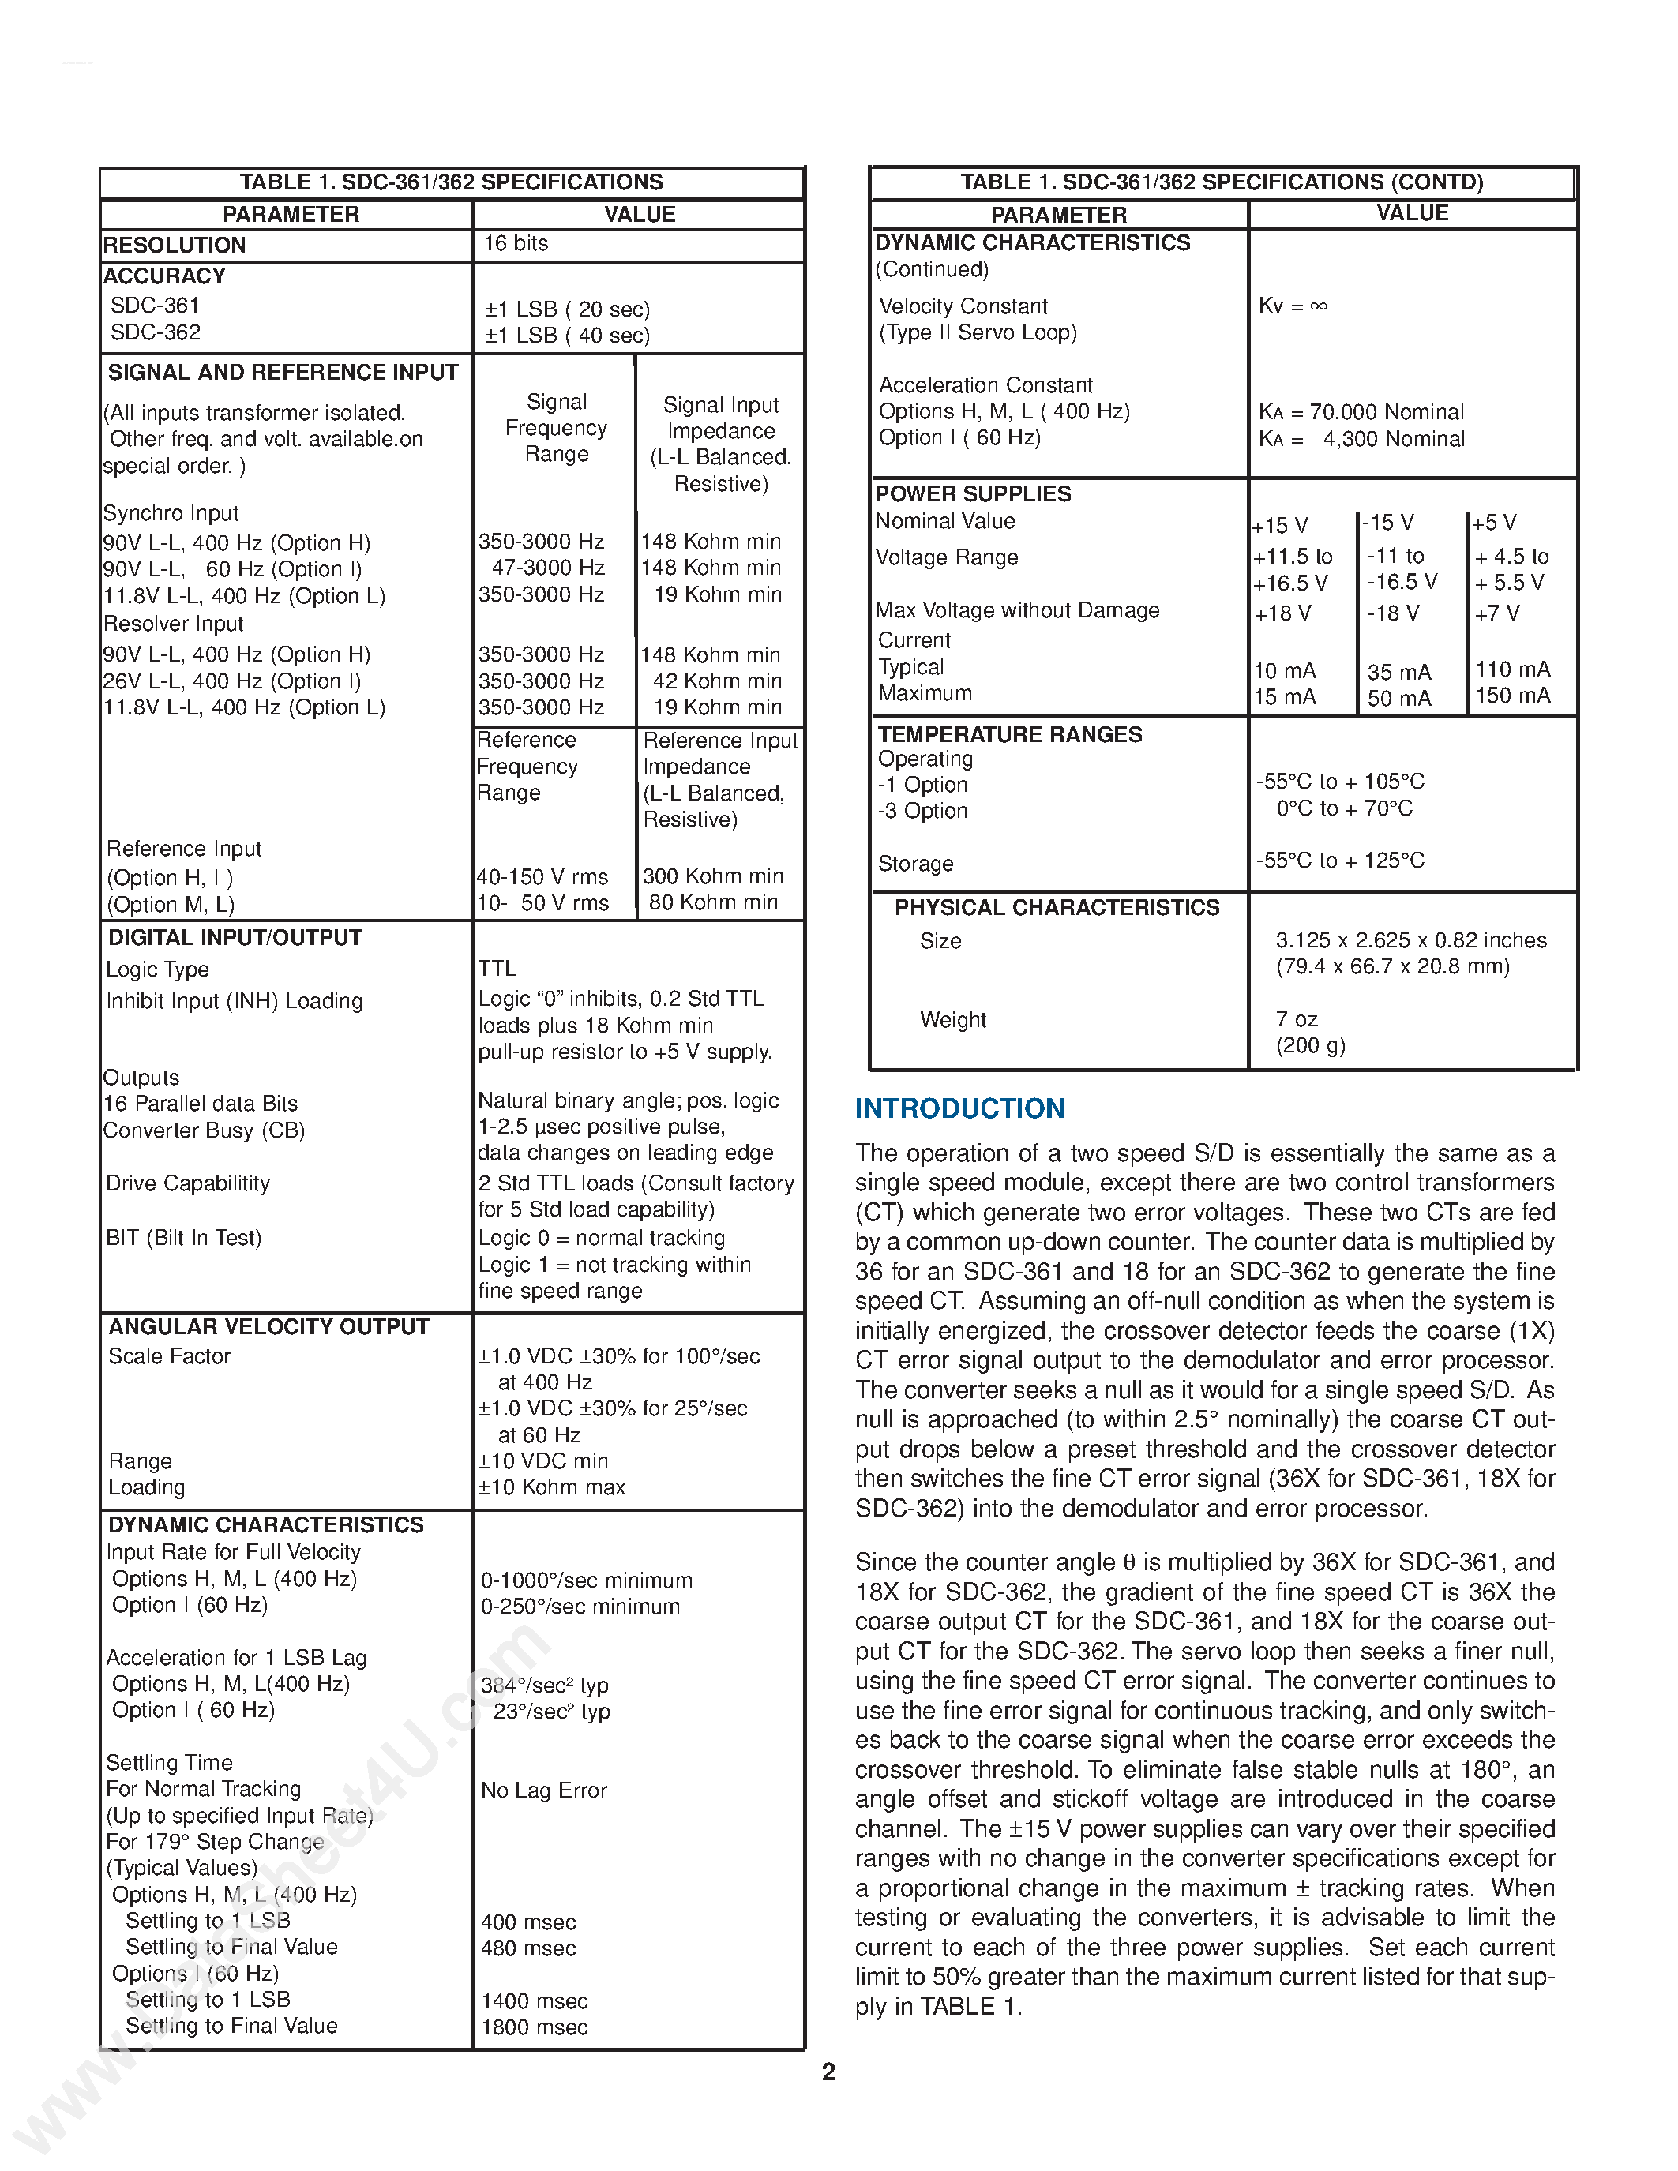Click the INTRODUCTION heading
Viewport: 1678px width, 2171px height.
pyautogui.click(x=959, y=1108)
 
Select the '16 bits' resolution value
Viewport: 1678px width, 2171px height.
pyautogui.click(x=516, y=243)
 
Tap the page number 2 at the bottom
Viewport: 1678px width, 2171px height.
pyautogui.click(x=828, y=2072)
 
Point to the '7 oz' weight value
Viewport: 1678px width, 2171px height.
pyautogui.click(x=1297, y=1019)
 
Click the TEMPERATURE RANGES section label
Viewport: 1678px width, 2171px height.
pyautogui.click(x=1009, y=735)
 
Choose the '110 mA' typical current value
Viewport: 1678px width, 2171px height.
pyautogui.click(x=1512, y=669)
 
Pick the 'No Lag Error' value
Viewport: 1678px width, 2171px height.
pyautogui.click(x=544, y=1790)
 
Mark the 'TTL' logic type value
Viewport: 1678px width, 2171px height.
pyautogui.click(x=497, y=968)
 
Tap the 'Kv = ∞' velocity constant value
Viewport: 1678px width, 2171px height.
pyautogui.click(x=1293, y=306)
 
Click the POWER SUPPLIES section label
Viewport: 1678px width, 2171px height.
pyautogui.click(x=972, y=494)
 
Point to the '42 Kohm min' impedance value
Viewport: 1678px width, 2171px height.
pyautogui.click(x=717, y=681)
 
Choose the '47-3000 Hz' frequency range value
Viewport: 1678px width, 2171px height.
pyautogui.click(x=548, y=568)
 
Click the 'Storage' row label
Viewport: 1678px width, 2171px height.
pyautogui.click(x=914, y=864)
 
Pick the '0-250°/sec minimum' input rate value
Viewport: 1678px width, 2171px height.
pyautogui.click(x=580, y=1607)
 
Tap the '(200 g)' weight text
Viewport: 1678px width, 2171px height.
pyautogui.click(x=1310, y=1044)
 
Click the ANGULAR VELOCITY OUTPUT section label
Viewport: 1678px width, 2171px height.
pyautogui.click(x=268, y=1327)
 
